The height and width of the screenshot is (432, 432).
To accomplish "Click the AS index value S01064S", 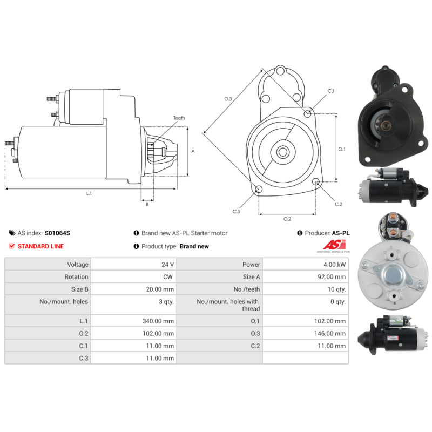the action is point(57,233).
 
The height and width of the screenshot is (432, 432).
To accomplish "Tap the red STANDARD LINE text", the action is point(40,246).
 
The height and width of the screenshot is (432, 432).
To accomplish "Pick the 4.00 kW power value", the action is point(334,265).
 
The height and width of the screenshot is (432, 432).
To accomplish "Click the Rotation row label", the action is point(76,277).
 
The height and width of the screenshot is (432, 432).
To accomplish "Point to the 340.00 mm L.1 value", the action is point(158,321).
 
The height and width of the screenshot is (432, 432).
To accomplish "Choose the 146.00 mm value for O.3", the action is point(330,333).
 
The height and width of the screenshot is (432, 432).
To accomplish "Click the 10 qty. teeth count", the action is point(336,289).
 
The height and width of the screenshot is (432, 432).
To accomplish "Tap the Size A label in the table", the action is point(251,277).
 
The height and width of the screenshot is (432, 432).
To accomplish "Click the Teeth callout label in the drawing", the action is point(179,118).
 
